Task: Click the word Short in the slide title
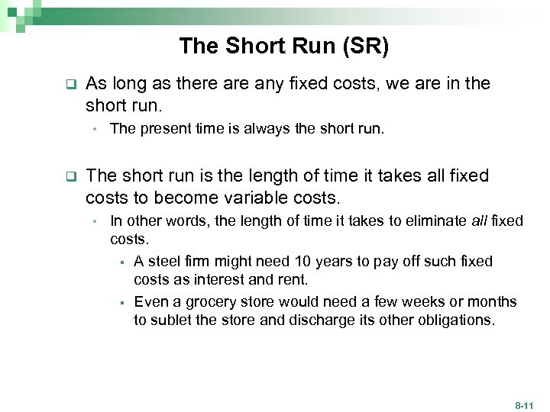[x=247, y=47]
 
